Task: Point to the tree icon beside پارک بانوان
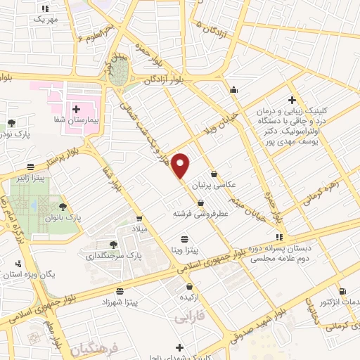coord(64,207)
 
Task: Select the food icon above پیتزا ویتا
coord(185,238)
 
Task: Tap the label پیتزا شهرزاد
coord(120,301)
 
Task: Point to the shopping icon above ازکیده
coord(191,286)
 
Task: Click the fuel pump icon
coord(342,292)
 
